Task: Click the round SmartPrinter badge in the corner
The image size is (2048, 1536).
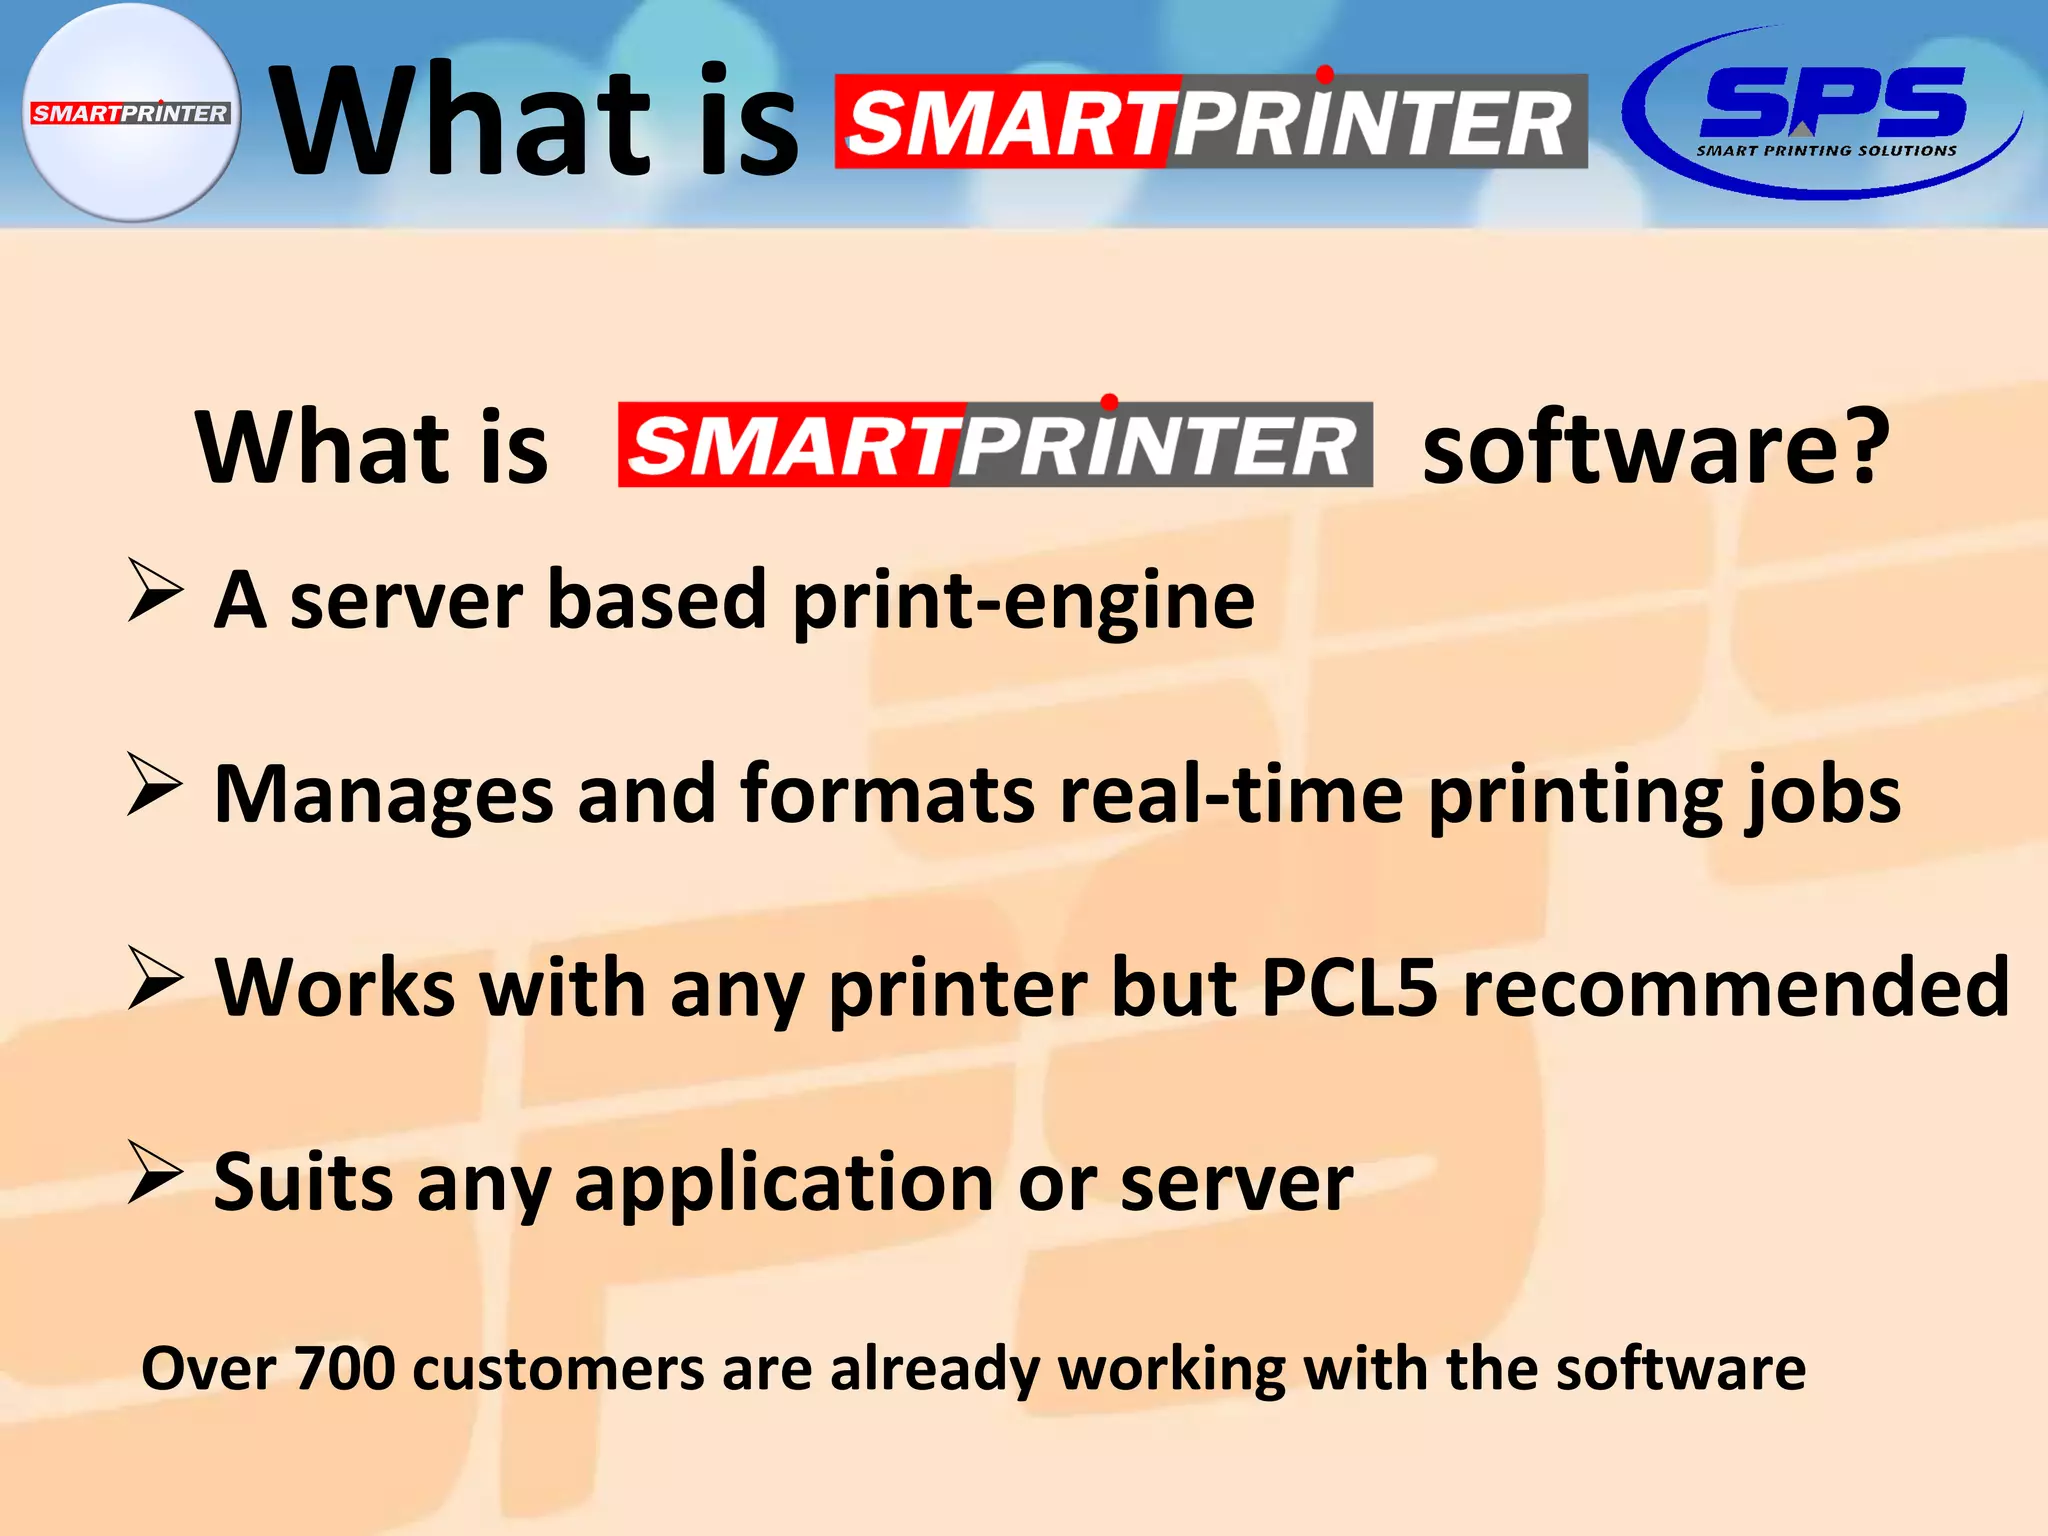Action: tap(130, 112)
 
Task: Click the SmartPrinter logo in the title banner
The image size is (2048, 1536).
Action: tap(1210, 122)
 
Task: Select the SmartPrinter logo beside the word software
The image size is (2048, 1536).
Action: tap(995, 445)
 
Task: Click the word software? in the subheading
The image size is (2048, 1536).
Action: tap(1656, 447)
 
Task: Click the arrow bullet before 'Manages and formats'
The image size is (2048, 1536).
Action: tap(155, 785)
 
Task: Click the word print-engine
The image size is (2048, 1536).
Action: tap(1023, 601)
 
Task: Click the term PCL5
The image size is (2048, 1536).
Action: tap(1349, 987)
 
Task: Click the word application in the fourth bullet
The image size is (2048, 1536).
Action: tap(784, 1184)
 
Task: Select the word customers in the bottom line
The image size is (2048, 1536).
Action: tap(558, 1368)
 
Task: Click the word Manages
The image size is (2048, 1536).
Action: tap(383, 795)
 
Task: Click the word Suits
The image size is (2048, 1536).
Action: tap(302, 1182)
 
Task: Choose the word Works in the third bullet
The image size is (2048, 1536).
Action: tap(335, 987)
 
